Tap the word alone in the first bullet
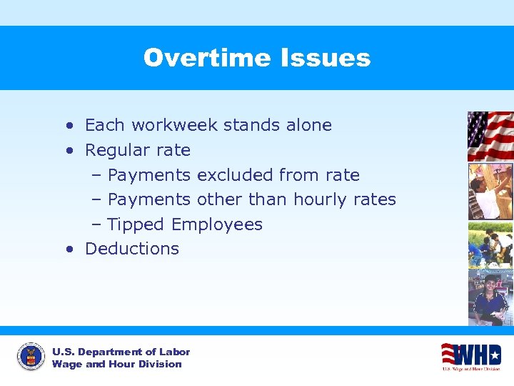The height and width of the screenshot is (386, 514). click(308, 125)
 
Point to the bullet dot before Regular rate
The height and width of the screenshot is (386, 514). click(69, 151)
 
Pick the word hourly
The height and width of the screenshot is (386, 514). click(313, 199)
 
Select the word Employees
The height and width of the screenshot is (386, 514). click(217, 224)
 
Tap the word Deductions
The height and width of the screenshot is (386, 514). click(132, 249)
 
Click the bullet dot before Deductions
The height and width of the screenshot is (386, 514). click(69, 249)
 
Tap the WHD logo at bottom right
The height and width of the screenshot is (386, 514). click(470, 355)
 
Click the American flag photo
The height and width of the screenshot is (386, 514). click(490, 136)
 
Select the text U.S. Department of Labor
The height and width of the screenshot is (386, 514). click(121, 352)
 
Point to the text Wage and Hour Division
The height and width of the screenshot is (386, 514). click(116, 364)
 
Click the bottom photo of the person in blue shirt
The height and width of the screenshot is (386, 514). click(490, 297)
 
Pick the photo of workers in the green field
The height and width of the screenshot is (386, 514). click(490, 244)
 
